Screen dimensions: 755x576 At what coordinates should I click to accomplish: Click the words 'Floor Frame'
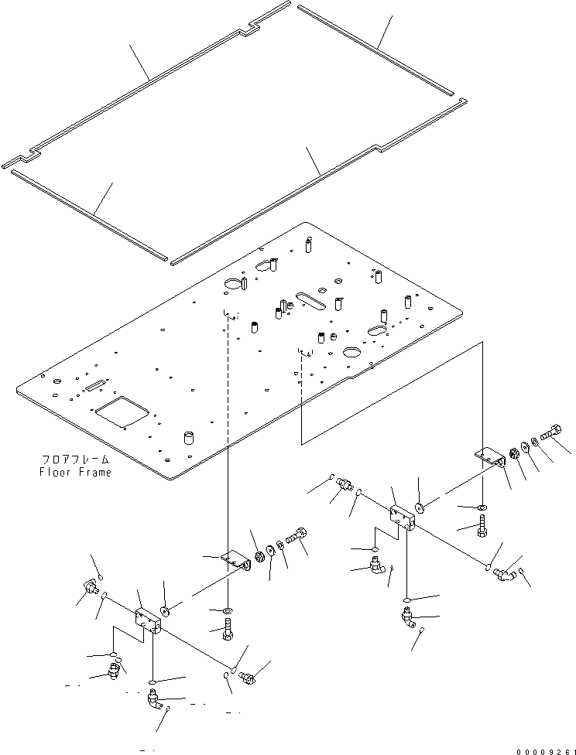point(74,472)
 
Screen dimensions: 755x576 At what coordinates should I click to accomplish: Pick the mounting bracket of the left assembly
point(237,560)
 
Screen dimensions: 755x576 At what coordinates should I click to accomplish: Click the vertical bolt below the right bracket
point(483,528)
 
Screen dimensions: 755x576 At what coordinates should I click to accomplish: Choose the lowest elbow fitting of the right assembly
point(408,620)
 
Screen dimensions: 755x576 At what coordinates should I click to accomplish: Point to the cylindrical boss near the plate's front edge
point(187,439)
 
